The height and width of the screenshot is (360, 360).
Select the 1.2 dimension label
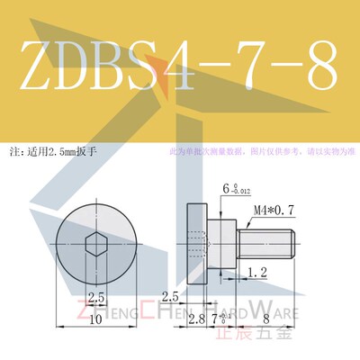[256, 271]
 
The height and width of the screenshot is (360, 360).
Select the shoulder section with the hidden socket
[220, 240]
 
